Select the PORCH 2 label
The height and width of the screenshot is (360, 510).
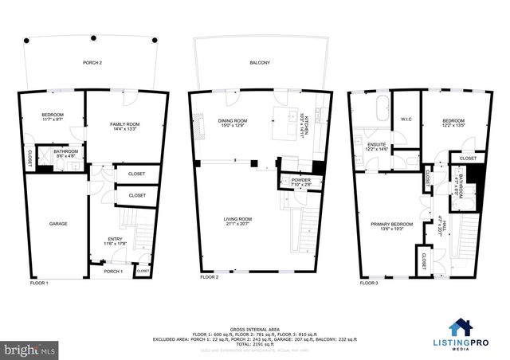tap(93, 62)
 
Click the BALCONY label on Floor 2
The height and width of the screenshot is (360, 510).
tap(259, 62)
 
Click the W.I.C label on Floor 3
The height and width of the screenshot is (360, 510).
tap(405, 119)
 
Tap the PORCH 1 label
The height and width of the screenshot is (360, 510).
tap(113, 272)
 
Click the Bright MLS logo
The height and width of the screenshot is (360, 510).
tap(29, 349)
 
